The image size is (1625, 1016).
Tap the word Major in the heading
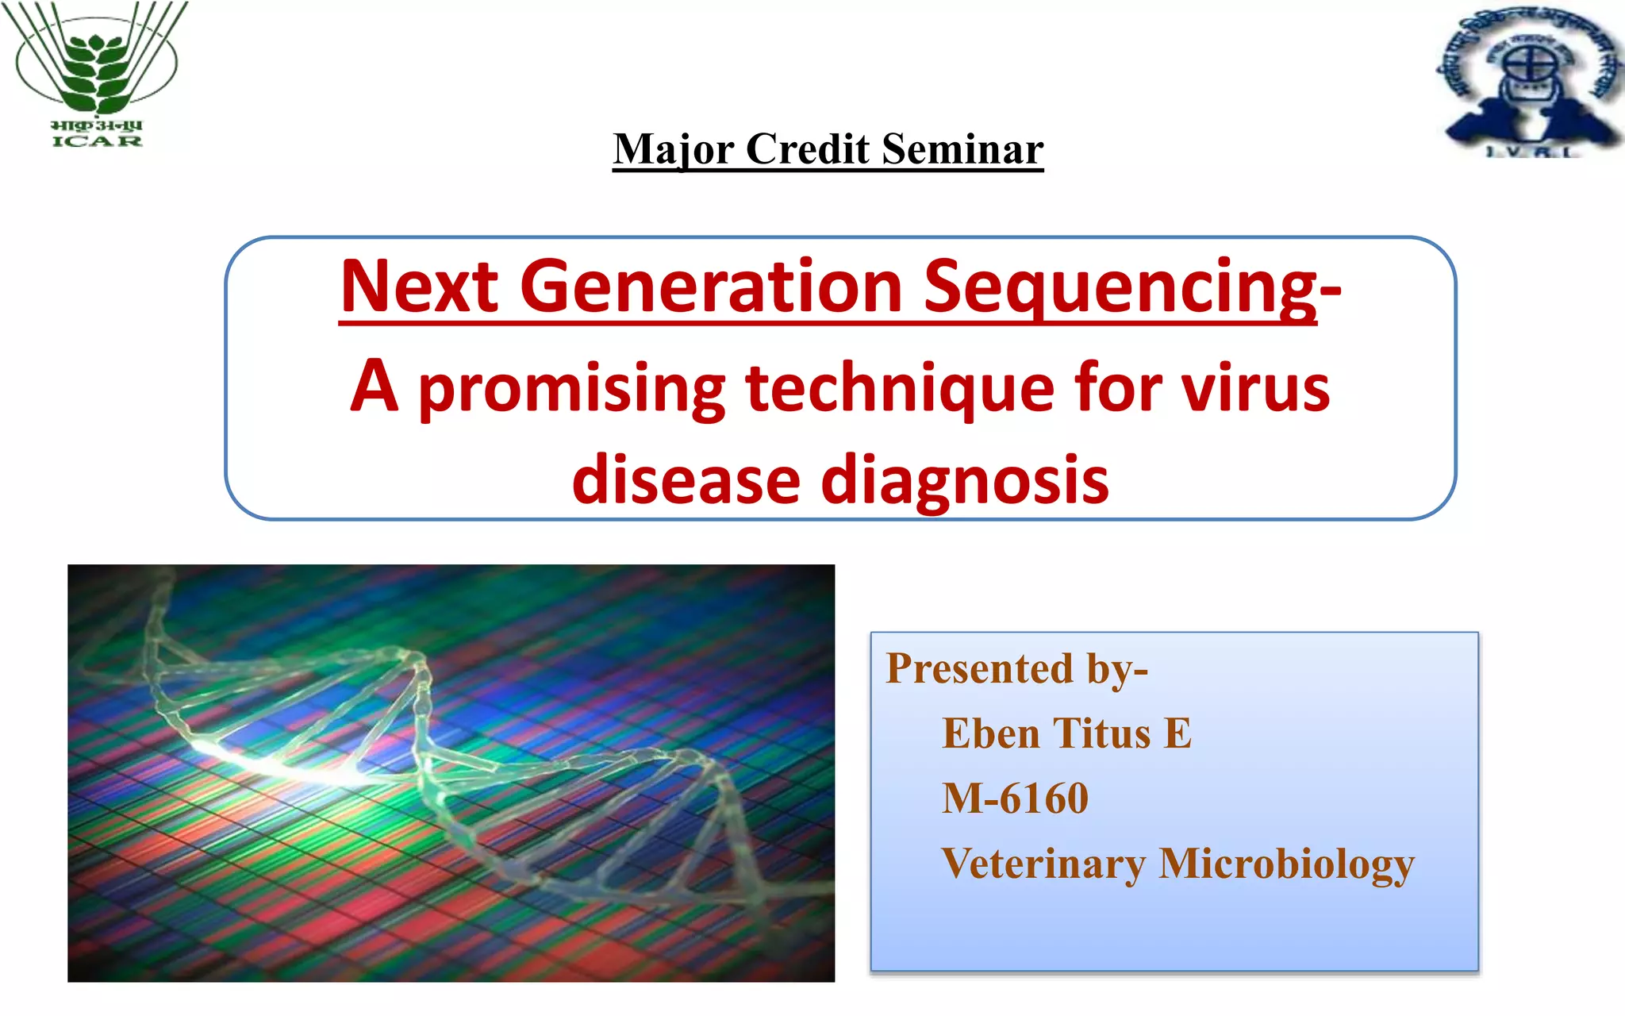(674, 149)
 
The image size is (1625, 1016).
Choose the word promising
(571, 389)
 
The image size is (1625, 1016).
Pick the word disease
(686, 480)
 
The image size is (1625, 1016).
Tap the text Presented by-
(1016, 668)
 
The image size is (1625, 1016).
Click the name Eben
(990, 733)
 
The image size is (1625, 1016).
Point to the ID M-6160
(1015, 798)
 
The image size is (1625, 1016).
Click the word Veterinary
(1043, 864)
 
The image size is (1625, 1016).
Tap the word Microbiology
(1286, 864)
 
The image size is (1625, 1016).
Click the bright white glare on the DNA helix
(262, 758)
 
